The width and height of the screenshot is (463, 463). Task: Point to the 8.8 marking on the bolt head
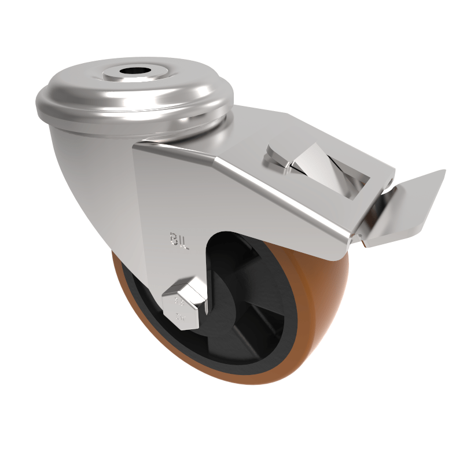coord(180,302)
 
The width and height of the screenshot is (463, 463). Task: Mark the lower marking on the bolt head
coord(181,316)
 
